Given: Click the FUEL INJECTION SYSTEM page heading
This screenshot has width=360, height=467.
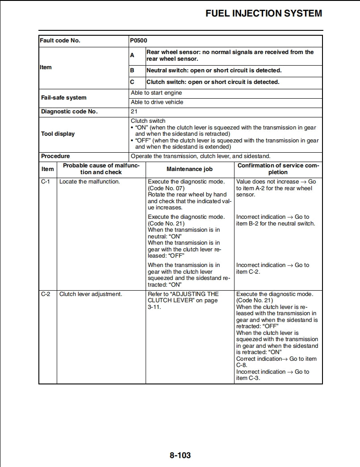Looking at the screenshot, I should pyautogui.click(x=264, y=13).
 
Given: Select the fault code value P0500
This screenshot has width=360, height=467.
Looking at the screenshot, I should pyautogui.click(x=138, y=41).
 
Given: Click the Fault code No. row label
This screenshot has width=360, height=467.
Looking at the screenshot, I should pyautogui.click(x=60, y=41).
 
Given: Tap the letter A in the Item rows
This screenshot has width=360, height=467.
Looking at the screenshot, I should pyautogui.click(x=132, y=55).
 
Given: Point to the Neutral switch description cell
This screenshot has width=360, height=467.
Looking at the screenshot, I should pyautogui.click(x=214, y=71).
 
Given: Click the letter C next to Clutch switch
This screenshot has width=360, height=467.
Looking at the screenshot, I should pyautogui.click(x=132, y=82).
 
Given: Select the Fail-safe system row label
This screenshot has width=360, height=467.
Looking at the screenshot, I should pyautogui.click(x=64, y=98).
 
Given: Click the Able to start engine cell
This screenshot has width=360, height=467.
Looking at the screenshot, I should pyautogui.click(x=156, y=93).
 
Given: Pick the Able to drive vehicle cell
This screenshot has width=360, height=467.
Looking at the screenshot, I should pyautogui.click(x=157, y=102).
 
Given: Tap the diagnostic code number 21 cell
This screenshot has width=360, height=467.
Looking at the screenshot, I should pyautogui.click(x=134, y=112).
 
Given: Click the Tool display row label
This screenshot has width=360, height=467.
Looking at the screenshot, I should pyautogui.click(x=58, y=134).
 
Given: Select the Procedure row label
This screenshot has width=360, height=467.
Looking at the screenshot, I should pyautogui.click(x=55, y=156).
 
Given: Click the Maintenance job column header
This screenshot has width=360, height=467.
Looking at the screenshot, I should pyautogui.click(x=189, y=169).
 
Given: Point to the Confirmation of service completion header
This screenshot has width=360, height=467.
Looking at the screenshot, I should pyautogui.click(x=278, y=169).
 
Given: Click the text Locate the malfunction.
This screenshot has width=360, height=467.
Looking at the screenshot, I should pyautogui.click(x=89, y=182).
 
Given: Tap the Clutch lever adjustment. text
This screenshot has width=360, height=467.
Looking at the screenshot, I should pyautogui.click(x=91, y=294).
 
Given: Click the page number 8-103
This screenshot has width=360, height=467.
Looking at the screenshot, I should pyautogui.click(x=180, y=455).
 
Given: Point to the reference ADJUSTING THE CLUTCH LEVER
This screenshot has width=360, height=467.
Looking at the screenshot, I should pyautogui.click(x=183, y=297).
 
